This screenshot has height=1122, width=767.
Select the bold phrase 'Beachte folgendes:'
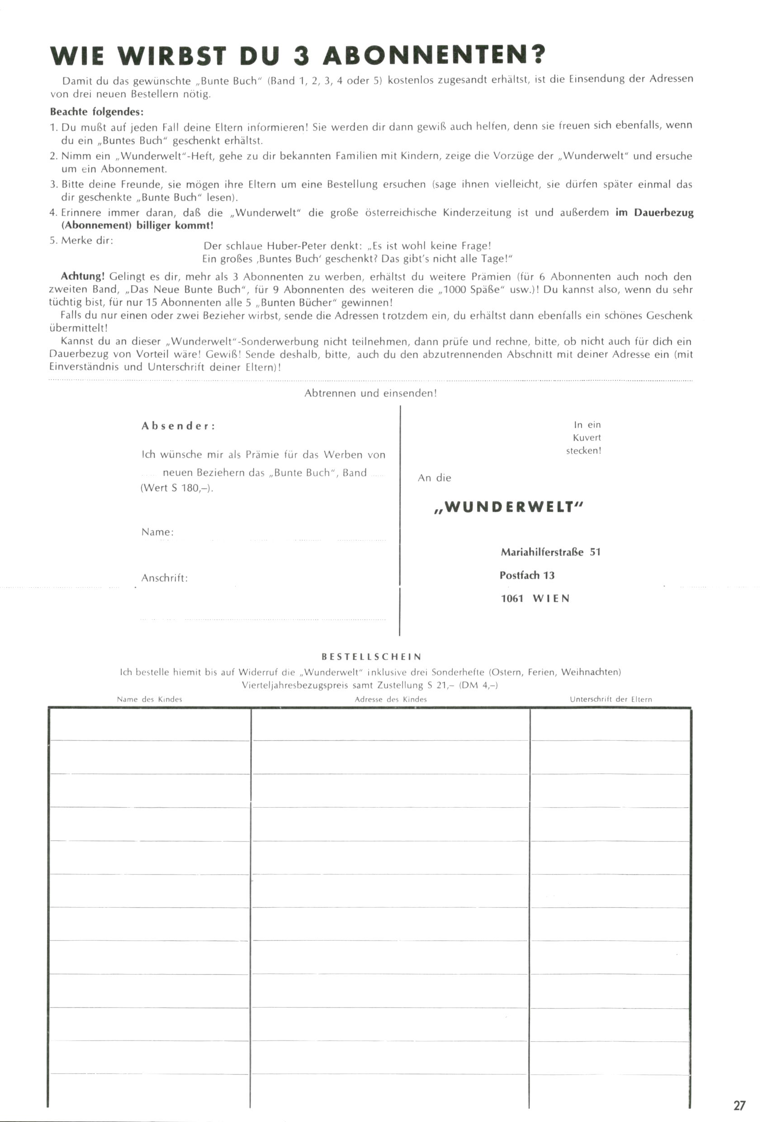(96, 112)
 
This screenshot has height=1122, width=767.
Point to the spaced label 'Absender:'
(178, 426)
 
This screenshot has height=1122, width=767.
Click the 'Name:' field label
(157, 532)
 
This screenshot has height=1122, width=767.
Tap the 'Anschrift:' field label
(164, 578)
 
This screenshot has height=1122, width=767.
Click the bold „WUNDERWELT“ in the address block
(509, 507)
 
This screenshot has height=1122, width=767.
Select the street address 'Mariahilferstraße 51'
(550, 552)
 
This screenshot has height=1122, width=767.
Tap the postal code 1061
(512, 599)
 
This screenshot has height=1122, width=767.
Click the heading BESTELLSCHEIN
(372, 656)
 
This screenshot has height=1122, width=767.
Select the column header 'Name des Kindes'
(149, 699)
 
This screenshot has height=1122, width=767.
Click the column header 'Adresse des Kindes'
(390, 699)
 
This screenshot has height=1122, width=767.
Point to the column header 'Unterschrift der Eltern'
(611, 699)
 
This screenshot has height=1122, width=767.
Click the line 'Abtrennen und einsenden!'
(370, 393)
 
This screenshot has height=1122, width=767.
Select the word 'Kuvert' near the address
(587, 438)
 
